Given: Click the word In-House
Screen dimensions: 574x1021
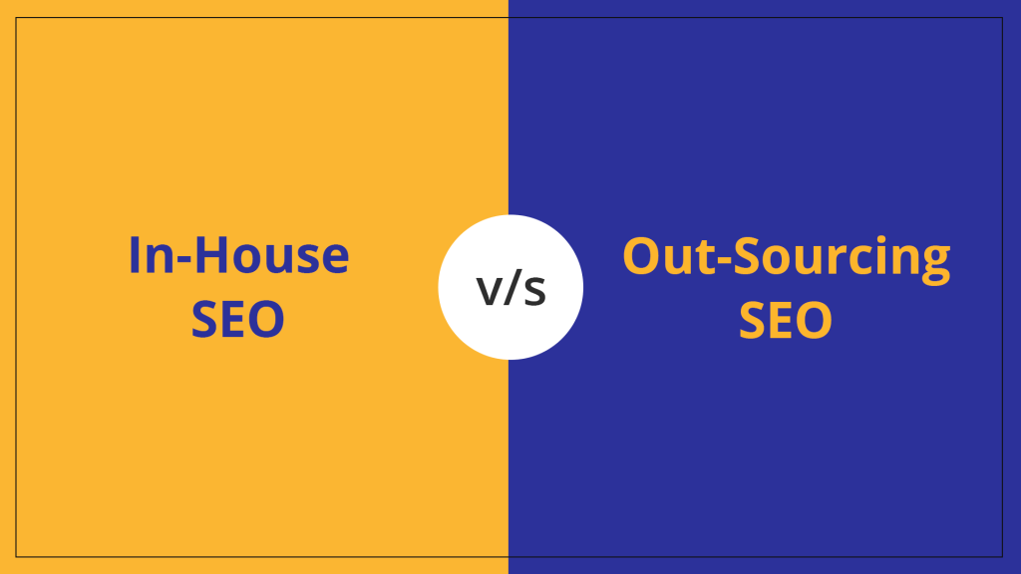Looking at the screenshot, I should click(x=238, y=256).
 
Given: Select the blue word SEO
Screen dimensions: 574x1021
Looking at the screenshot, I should click(x=238, y=320).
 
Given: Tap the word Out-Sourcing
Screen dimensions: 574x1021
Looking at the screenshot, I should click(x=786, y=257).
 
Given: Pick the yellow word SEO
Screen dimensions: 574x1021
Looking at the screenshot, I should click(x=786, y=320).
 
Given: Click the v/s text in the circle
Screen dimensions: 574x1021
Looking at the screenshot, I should click(x=510, y=288).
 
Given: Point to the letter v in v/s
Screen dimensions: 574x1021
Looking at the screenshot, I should click(x=489, y=291).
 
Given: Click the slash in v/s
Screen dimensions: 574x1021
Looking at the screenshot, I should click(x=511, y=288).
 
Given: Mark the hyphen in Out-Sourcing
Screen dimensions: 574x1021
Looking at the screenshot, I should click(x=707, y=261).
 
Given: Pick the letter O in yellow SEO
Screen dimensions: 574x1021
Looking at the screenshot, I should click(x=813, y=320).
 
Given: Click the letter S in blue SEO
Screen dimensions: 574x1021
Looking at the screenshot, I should click(x=204, y=320).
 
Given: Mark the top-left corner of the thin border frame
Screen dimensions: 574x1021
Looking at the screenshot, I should click(x=16, y=17).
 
